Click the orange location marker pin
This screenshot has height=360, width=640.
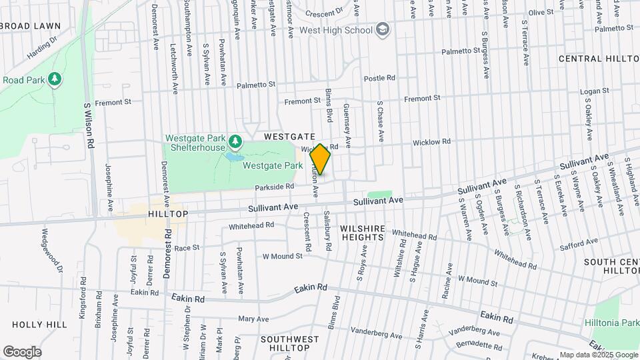321,159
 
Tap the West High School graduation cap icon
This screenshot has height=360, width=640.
383,30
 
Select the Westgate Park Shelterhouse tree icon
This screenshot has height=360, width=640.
235,141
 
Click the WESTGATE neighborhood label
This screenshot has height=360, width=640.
289,136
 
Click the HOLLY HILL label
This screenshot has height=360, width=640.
39,324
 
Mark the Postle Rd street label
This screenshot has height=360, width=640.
379,78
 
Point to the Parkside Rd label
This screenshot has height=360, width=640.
274,187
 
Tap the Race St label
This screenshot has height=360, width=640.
187,247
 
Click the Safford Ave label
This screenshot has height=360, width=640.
579,245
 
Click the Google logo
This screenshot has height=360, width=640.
22,351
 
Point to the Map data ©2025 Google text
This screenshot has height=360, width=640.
598,355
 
